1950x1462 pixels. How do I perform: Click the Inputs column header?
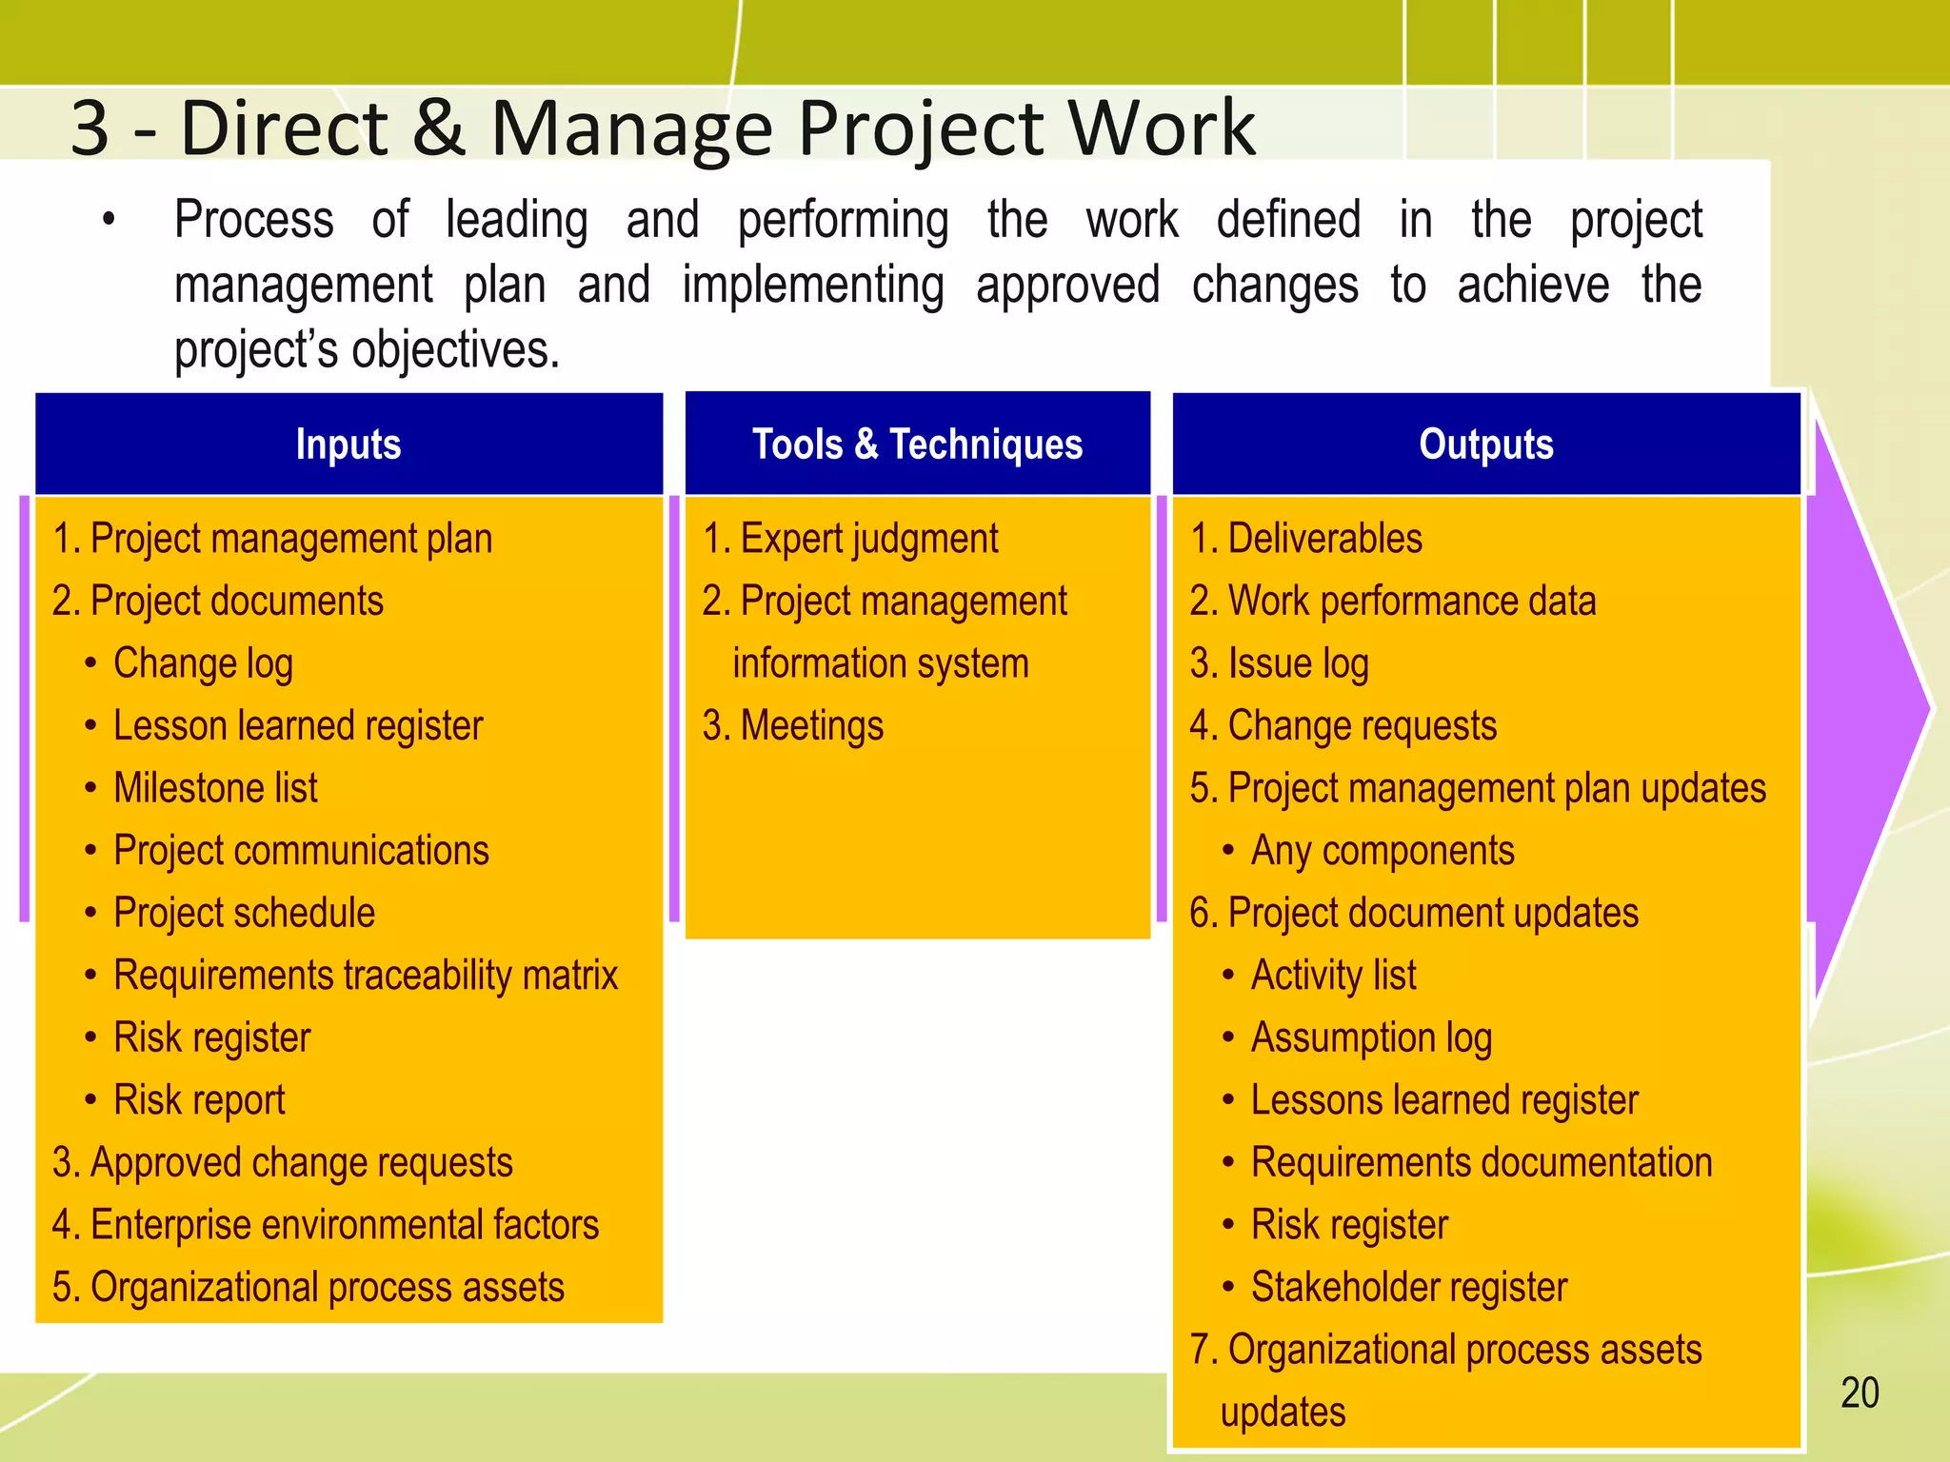[348, 445]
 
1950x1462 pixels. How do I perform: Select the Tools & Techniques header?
[917, 445]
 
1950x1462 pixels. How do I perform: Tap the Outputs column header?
[1485, 445]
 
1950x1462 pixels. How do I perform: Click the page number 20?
[1859, 1393]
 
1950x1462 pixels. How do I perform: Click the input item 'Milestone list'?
[215, 788]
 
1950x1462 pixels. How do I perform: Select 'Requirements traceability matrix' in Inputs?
[365, 976]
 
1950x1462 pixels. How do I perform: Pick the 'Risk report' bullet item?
[198, 1100]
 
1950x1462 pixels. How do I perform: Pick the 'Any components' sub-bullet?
[1382, 851]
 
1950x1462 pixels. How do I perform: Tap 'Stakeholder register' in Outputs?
[1408, 1288]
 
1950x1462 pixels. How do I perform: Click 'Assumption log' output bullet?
[1370, 1038]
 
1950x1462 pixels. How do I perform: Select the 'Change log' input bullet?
[203, 663]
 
